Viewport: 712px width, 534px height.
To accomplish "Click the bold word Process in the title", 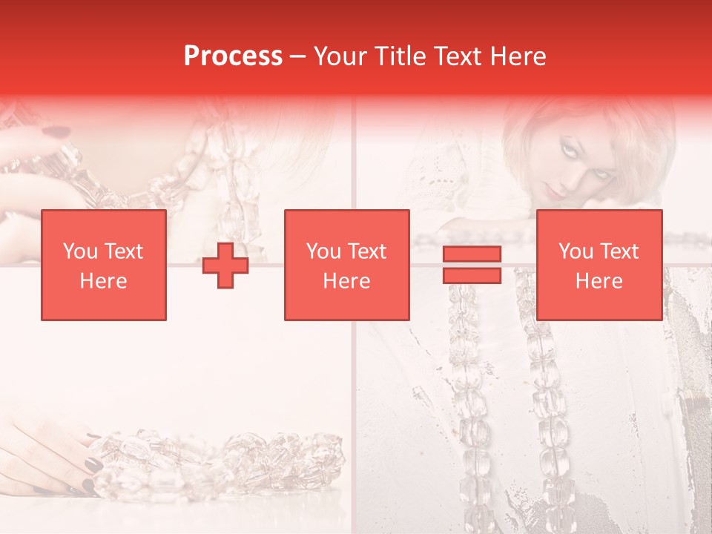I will (233, 56).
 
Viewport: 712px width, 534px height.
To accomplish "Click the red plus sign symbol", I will (225, 266).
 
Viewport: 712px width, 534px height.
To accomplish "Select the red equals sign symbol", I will (472, 265).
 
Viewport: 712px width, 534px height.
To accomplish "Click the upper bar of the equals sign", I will (472, 254).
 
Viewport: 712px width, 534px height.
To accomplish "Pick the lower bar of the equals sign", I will (472, 275).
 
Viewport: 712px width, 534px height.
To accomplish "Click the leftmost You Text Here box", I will (103, 265).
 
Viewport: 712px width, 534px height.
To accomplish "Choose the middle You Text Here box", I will (346, 265).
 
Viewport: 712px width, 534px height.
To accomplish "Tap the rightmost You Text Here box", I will (599, 265).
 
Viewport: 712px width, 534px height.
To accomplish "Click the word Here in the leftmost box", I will (103, 281).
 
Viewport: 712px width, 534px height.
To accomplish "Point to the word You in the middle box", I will (323, 251).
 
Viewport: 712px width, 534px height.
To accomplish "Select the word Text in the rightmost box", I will (620, 251).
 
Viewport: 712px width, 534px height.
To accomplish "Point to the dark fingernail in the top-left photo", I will (53, 132).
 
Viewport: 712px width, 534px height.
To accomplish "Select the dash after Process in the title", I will (297, 56).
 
